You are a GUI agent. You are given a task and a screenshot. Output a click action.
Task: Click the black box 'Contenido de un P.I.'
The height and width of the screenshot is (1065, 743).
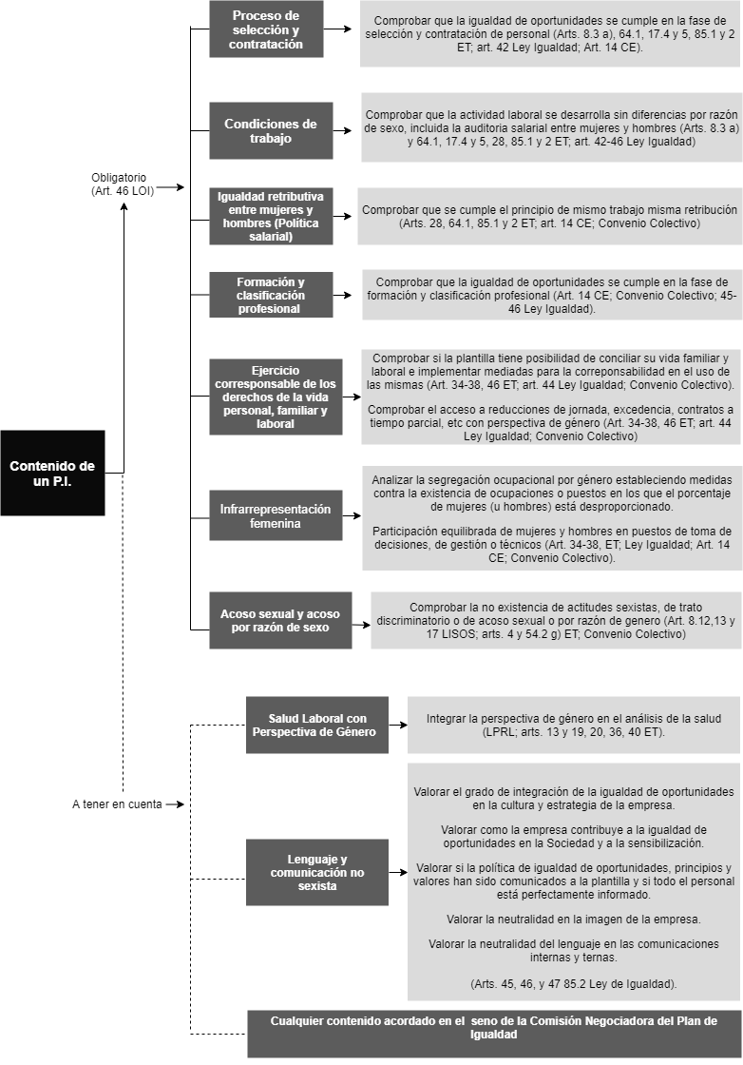click(x=53, y=473)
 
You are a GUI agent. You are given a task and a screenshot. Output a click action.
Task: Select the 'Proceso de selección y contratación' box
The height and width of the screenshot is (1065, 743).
click(x=266, y=29)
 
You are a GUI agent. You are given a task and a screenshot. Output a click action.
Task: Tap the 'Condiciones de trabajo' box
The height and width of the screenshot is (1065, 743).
click(x=271, y=130)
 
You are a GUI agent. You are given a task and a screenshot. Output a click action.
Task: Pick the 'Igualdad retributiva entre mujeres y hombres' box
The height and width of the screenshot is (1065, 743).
click(x=271, y=216)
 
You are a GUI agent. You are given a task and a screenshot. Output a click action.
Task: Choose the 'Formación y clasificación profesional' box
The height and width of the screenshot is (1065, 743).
click(x=271, y=295)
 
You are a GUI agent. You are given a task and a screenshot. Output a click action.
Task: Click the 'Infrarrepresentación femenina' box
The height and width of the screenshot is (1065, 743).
click(x=276, y=515)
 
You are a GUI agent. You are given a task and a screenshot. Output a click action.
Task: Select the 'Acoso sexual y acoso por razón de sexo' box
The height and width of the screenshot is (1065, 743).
click(x=280, y=620)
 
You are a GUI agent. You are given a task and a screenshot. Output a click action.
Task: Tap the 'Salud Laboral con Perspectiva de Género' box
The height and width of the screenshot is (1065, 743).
click(x=317, y=725)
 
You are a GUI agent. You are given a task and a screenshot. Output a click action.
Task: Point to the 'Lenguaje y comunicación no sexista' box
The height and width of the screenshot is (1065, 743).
click(x=317, y=872)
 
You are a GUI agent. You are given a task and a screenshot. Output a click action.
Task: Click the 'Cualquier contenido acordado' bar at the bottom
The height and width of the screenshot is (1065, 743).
click(x=494, y=1033)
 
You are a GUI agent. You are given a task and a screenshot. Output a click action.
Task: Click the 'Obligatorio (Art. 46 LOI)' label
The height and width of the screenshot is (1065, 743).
click(x=123, y=184)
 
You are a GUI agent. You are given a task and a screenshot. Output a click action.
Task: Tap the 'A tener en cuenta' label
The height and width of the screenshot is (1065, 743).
click(x=118, y=804)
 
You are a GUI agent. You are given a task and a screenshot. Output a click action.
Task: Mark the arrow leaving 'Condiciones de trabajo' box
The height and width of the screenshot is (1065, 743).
click(x=343, y=130)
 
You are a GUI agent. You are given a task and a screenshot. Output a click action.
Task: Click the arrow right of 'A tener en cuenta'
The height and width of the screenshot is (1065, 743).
click(x=175, y=804)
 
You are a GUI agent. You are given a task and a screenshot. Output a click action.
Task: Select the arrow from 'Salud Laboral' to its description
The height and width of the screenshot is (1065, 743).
click(x=398, y=725)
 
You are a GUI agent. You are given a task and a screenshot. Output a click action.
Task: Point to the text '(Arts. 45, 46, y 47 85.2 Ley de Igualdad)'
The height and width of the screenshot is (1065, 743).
click(x=573, y=983)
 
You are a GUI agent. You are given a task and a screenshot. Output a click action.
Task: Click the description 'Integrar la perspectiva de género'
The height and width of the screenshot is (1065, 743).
click(x=573, y=725)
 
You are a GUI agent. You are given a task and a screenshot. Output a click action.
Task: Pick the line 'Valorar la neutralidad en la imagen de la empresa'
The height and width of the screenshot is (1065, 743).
click(x=573, y=919)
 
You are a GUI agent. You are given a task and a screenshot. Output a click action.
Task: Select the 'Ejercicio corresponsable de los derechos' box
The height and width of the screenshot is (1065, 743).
click(x=276, y=397)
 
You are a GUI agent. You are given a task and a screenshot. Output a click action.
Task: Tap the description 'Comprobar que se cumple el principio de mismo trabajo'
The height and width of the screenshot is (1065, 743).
click(x=549, y=216)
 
